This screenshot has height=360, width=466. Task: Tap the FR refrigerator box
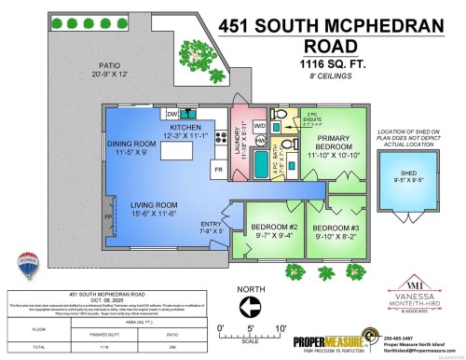(217, 171)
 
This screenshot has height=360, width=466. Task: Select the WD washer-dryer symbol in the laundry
(261, 124)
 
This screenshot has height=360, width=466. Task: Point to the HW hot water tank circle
(261, 141)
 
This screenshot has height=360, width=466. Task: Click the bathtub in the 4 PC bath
(257, 172)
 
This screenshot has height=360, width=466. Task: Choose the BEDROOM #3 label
(335, 228)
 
